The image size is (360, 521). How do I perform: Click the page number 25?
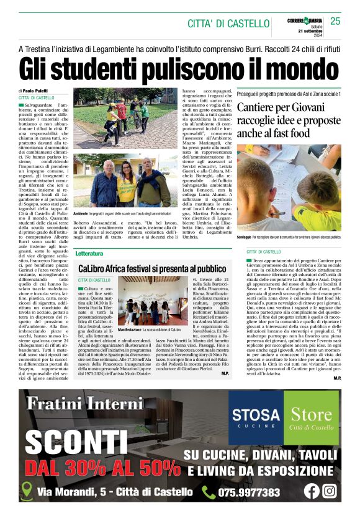(335, 22)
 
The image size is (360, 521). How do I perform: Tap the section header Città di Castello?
(228, 24)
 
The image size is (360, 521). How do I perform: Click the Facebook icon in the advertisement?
(312, 491)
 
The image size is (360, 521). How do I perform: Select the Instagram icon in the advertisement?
(330, 491)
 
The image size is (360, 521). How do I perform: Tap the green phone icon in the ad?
(209, 492)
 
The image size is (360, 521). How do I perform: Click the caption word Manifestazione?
(132, 329)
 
